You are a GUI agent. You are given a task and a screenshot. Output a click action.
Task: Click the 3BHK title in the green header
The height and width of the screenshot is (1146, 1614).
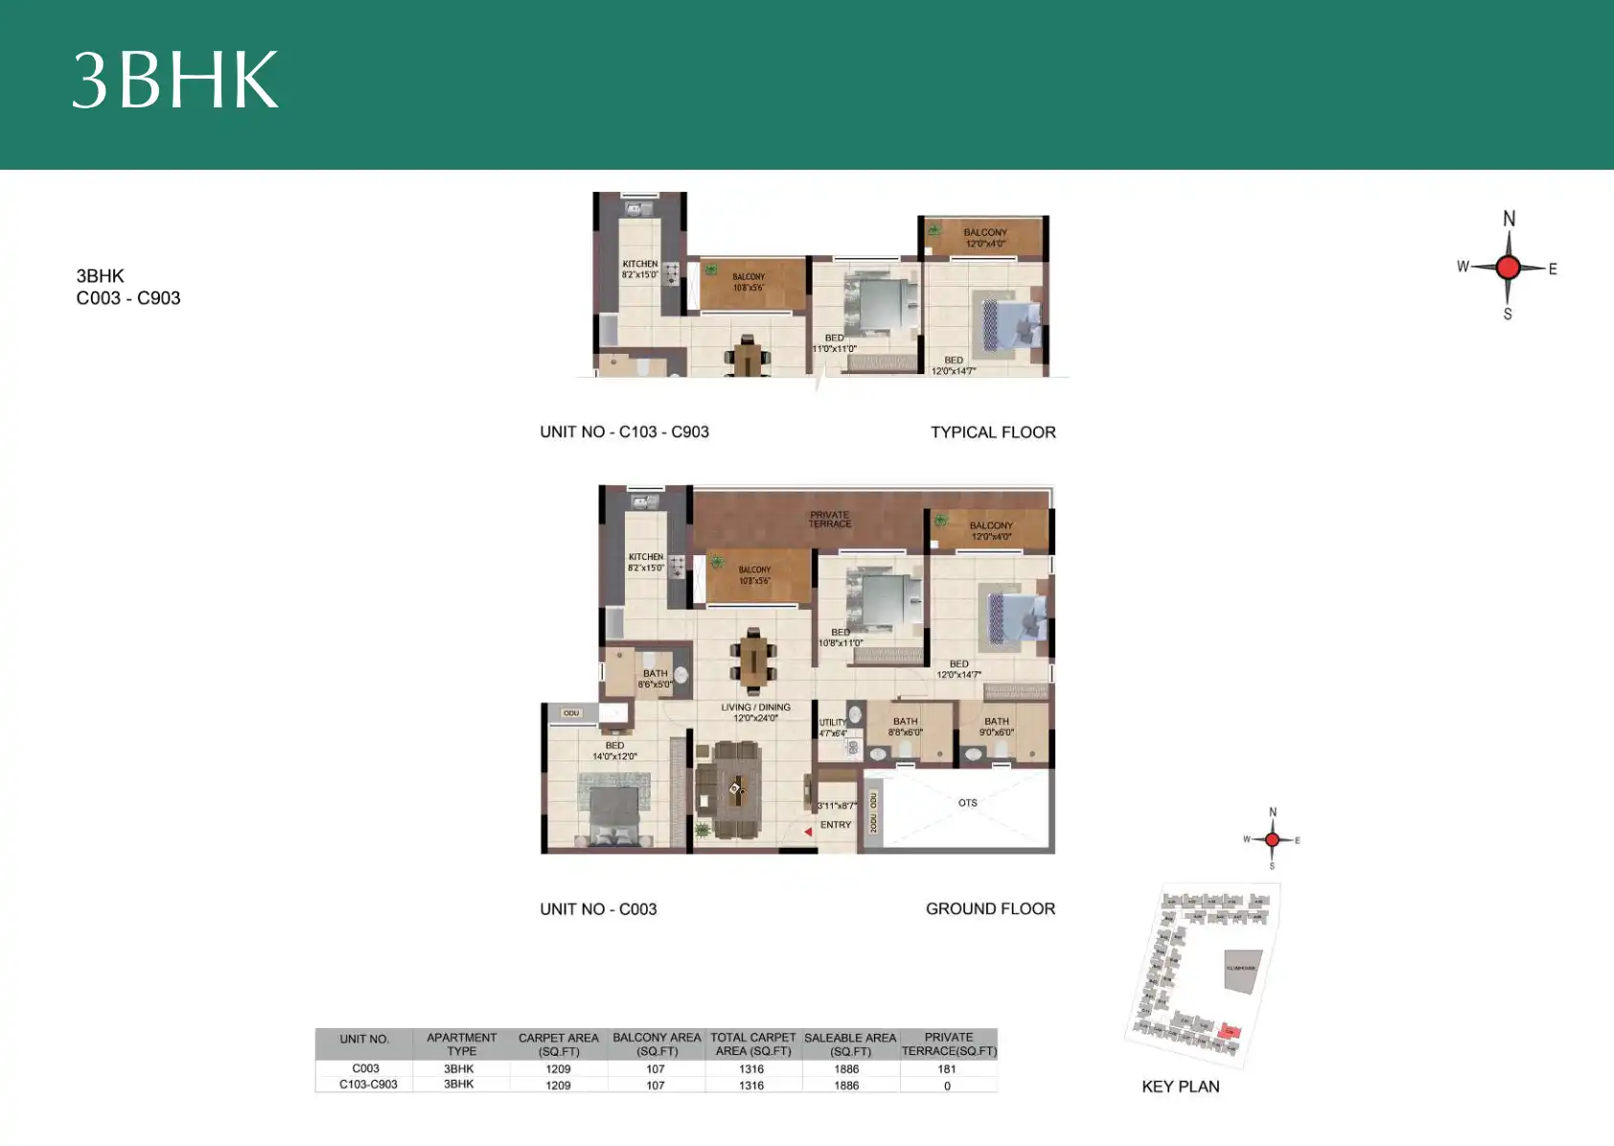point(175,80)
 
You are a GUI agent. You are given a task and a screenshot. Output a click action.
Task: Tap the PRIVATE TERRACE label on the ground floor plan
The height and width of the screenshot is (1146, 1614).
point(829,519)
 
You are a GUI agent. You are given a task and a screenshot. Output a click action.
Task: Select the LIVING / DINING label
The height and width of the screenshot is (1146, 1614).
point(755,712)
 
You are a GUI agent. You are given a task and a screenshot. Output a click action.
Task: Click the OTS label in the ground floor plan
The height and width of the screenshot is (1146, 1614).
point(967,803)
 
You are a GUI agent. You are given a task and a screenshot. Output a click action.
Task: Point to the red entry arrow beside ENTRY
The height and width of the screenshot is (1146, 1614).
point(808,831)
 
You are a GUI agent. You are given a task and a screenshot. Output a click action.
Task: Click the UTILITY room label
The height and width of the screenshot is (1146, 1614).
point(832,727)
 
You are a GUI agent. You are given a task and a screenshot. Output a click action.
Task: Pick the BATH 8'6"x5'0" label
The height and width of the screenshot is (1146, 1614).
point(655,678)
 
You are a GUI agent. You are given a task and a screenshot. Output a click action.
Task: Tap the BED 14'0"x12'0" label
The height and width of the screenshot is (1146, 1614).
point(614,750)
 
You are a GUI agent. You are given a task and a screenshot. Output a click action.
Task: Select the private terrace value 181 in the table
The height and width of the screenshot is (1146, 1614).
point(947,1068)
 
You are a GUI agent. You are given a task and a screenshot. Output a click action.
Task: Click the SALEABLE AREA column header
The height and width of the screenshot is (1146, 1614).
point(850,1043)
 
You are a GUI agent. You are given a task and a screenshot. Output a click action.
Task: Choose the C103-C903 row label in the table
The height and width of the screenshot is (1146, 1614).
point(368,1085)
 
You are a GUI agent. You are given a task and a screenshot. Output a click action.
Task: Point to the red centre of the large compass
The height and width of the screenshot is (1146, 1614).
point(1508,268)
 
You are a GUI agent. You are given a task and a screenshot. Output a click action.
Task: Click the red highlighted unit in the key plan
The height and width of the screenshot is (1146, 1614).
point(1231,1032)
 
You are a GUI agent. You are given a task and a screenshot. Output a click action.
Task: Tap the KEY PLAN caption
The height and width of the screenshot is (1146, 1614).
point(1180,1087)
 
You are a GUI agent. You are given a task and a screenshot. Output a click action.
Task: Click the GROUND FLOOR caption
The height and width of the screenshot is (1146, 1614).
point(990,908)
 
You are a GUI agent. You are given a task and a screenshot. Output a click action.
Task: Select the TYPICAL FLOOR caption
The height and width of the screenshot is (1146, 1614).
point(993,433)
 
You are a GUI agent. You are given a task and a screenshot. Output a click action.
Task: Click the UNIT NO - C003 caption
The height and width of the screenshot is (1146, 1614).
point(598,909)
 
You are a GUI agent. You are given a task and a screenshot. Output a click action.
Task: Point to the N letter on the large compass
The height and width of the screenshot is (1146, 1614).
point(1509,219)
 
